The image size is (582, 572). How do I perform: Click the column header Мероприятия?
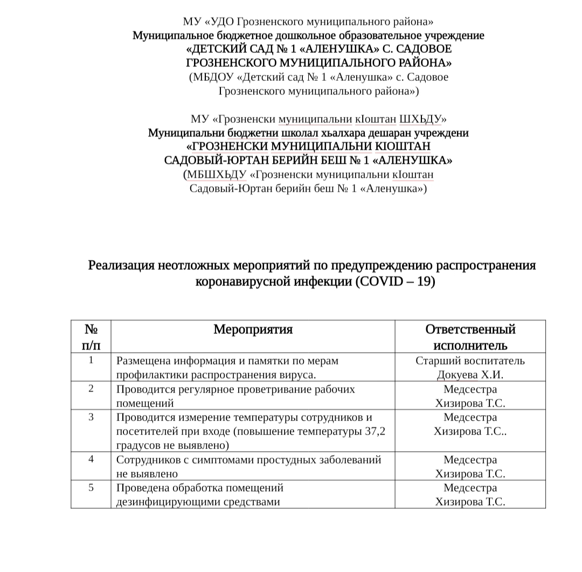click(253, 330)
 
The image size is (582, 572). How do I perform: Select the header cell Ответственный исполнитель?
click(470, 337)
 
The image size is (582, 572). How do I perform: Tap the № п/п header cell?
click(91, 337)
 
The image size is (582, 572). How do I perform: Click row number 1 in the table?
click(91, 360)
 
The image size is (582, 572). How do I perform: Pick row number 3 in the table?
click(91, 417)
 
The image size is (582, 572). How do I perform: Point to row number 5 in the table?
click(91, 488)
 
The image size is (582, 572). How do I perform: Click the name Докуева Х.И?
click(470, 375)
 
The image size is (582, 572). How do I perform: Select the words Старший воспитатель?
click(470, 361)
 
